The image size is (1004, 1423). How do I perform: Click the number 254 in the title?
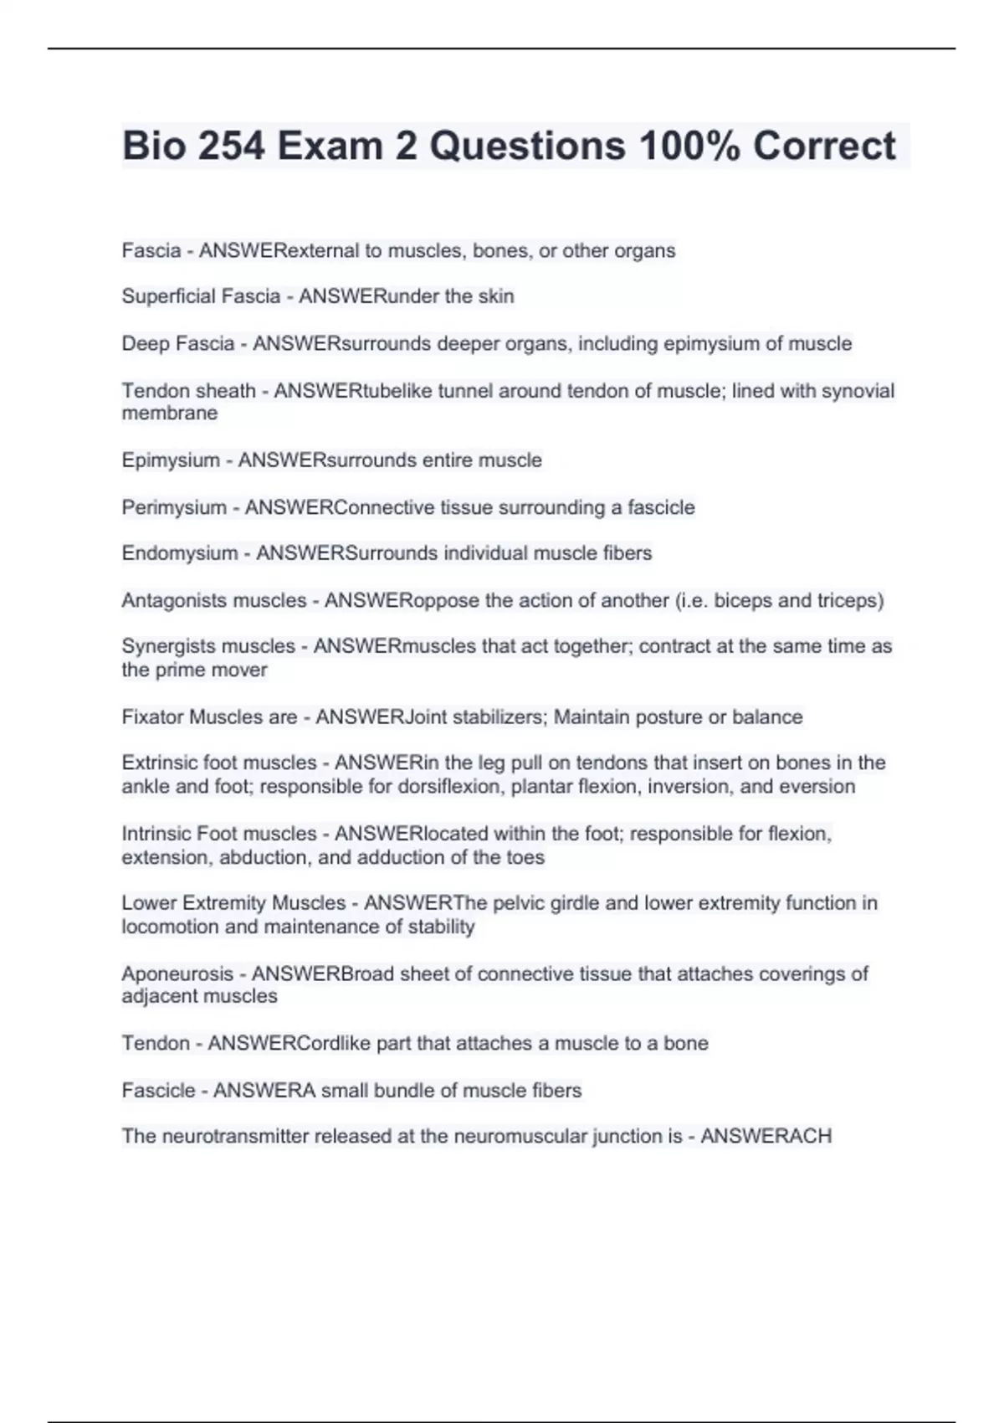[x=231, y=146]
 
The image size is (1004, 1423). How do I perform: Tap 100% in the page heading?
[x=689, y=146]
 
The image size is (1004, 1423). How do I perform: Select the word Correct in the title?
[x=824, y=146]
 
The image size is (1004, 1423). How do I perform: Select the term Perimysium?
[x=174, y=508]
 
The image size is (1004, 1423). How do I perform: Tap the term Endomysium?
[x=180, y=553]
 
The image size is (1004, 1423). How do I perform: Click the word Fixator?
[x=152, y=717]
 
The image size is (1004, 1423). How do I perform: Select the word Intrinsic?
[x=156, y=835]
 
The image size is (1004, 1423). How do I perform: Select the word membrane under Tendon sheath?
[x=170, y=414]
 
